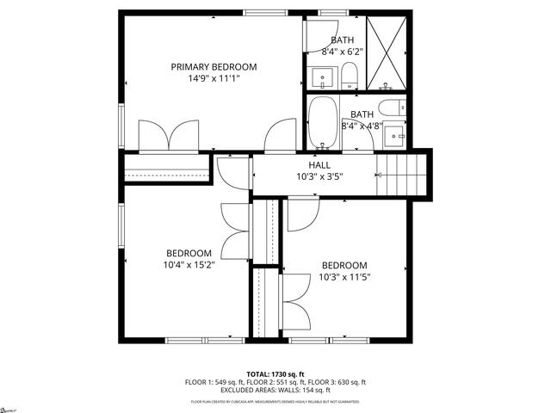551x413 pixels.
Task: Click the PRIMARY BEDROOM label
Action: [x=214, y=67]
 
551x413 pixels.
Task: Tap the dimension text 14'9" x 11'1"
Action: [x=214, y=78]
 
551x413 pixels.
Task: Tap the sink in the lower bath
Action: [x=397, y=134]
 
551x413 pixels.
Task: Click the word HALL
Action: [x=319, y=164]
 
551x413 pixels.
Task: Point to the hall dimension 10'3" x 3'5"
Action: [x=319, y=176]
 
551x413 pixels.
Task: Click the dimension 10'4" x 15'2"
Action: [x=189, y=264]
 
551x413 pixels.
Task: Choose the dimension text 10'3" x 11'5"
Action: [x=344, y=277]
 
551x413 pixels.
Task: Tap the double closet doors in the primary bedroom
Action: [x=171, y=136]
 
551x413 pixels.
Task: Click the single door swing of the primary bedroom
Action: [x=280, y=137]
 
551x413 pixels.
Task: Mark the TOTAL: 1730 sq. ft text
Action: [x=275, y=373]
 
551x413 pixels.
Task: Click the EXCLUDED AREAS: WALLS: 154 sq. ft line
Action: [x=275, y=390]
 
